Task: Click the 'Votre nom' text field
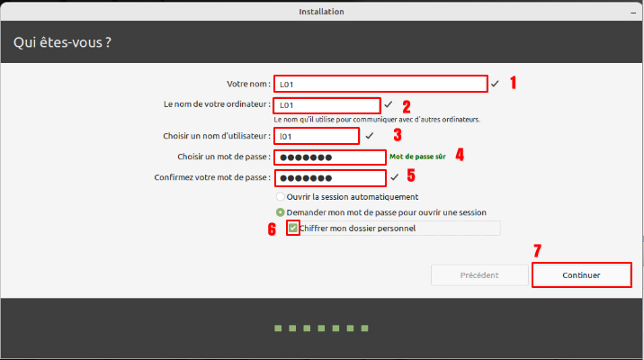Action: click(x=380, y=84)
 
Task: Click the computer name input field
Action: click(x=326, y=105)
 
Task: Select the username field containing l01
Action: click(x=317, y=136)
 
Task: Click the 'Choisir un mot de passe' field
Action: click(x=330, y=157)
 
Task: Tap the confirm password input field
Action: click(x=330, y=178)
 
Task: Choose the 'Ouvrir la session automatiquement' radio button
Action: click(x=280, y=197)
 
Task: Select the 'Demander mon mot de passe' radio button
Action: click(x=280, y=212)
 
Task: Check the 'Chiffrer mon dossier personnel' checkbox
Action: click(x=293, y=228)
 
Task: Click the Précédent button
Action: click(x=479, y=274)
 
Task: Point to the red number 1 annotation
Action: click(x=513, y=83)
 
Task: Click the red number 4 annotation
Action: click(x=460, y=155)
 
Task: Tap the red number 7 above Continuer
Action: click(x=537, y=250)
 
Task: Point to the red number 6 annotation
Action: click(x=272, y=229)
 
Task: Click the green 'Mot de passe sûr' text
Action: click(x=417, y=157)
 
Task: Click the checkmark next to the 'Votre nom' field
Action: click(x=495, y=84)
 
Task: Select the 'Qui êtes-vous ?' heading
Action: click(x=62, y=42)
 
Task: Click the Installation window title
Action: click(x=322, y=12)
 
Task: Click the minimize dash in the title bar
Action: click(x=633, y=13)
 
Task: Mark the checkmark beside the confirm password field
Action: click(x=394, y=177)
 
